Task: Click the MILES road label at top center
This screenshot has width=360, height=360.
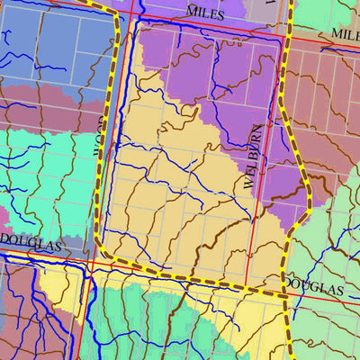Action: (205, 12)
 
